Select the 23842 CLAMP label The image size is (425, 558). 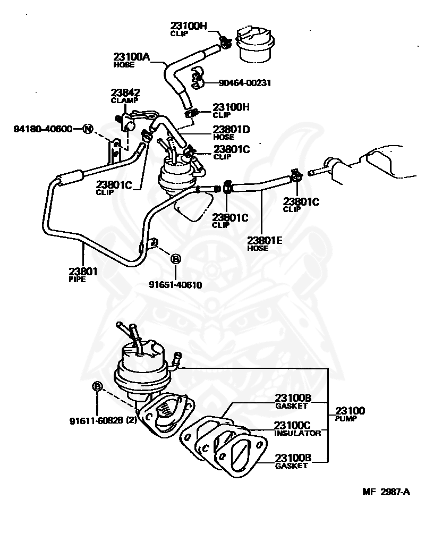tap(125, 95)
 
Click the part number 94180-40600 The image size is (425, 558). tap(43, 129)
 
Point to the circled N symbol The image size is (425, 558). tap(88, 129)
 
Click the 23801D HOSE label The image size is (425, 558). tap(232, 132)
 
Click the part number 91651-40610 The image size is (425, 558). tap(175, 284)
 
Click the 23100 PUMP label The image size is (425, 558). tap(350, 414)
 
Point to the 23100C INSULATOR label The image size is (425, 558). tap(297, 429)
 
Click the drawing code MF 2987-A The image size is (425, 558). tap(386, 492)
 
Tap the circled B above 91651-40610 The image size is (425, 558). tap(175, 259)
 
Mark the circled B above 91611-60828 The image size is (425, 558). tap(97, 386)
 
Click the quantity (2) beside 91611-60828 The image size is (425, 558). tap(133, 420)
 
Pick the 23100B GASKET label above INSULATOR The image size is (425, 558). tap(292, 401)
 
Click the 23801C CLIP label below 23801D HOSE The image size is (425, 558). tap(231, 152)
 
